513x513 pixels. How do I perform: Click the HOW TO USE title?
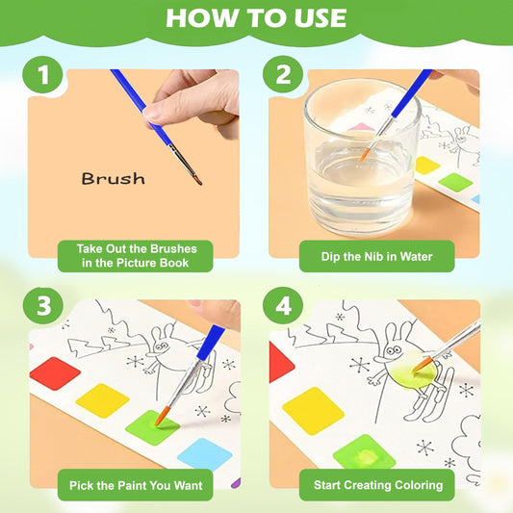pyautogui.click(x=256, y=18)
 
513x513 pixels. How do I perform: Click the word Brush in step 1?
pyautogui.click(x=113, y=179)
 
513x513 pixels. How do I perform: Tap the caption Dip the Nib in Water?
pyautogui.click(x=376, y=256)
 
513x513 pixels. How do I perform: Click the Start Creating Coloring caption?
pyautogui.click(x=376, y=484)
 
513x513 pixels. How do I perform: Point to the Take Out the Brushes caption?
pyautogui.click(x=132, y=255)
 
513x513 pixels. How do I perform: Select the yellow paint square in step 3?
pyautogui.click(x=101, y=400)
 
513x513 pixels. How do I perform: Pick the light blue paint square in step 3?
pyautogui.click(x=203, y=453)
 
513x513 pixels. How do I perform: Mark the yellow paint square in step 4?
pyautogui.click(x=313, y=410)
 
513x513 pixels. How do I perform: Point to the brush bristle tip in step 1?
pyautogui.click(x=197, y=180)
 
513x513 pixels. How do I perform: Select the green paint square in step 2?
pyautogui.click(x=453, y=180)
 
